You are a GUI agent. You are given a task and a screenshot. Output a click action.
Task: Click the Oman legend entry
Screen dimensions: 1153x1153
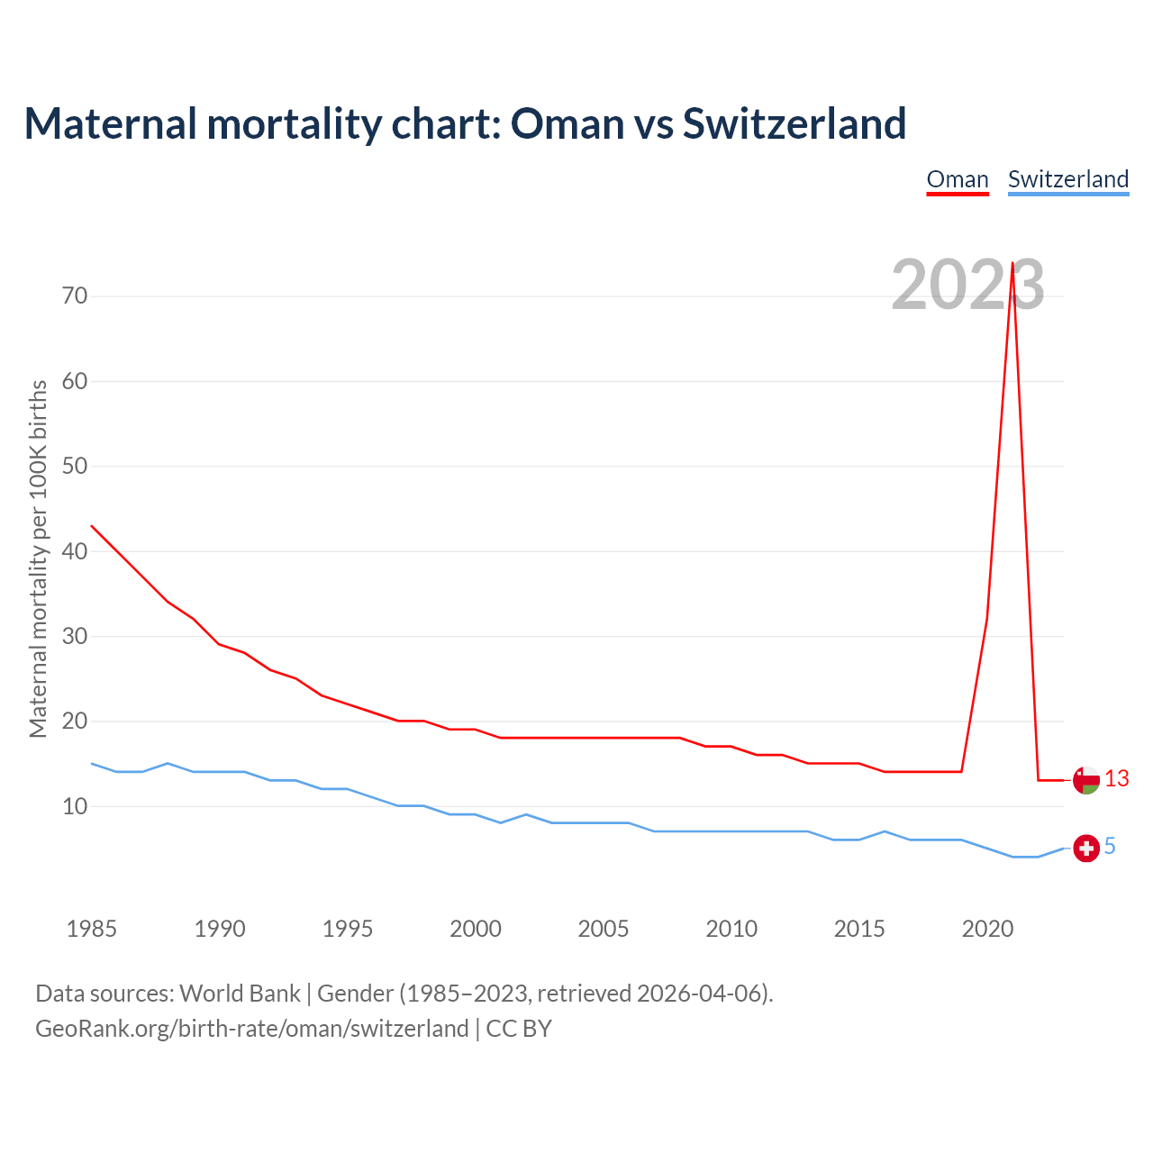point(958,179)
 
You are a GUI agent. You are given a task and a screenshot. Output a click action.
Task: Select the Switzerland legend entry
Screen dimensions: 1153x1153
point(1067,179)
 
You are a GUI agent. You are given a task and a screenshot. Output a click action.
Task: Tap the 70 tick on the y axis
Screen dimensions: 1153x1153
point(75,295)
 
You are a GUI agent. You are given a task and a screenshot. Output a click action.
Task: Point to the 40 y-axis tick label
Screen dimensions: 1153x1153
point(75,551)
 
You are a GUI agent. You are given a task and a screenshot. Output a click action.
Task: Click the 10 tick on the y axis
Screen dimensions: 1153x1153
point(75,806)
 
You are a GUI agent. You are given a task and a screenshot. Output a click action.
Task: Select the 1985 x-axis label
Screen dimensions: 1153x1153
point(92,929)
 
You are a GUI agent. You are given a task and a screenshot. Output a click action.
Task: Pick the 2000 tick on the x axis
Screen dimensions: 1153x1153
point(476,929)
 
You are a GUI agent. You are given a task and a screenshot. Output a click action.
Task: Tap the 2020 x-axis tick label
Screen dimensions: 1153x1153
point(987,929)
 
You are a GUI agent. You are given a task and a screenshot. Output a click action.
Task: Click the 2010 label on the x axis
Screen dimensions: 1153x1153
point(731,929)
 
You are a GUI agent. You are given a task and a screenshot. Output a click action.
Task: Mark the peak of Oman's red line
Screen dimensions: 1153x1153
point(1012,264)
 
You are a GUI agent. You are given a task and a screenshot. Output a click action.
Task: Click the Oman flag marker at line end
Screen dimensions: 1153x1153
point(1086,780)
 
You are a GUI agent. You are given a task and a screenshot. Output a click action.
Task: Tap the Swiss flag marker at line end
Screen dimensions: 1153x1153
point(1086,848)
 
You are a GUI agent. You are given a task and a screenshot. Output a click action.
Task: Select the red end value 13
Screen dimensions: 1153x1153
point(1117,779)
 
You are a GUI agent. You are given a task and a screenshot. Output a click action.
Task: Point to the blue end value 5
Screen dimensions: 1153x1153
point(1110,847)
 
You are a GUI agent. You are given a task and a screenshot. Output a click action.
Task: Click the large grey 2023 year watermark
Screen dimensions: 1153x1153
point(967,285)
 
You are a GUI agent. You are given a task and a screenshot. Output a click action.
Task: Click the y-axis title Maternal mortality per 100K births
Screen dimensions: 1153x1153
point(39,558)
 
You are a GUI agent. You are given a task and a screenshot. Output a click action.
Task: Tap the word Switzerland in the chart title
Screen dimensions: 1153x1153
point(794,123)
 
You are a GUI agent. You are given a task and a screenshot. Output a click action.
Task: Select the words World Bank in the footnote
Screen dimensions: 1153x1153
point(240,994)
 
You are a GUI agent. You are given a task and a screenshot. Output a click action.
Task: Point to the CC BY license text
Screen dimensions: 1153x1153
point(519,1029)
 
